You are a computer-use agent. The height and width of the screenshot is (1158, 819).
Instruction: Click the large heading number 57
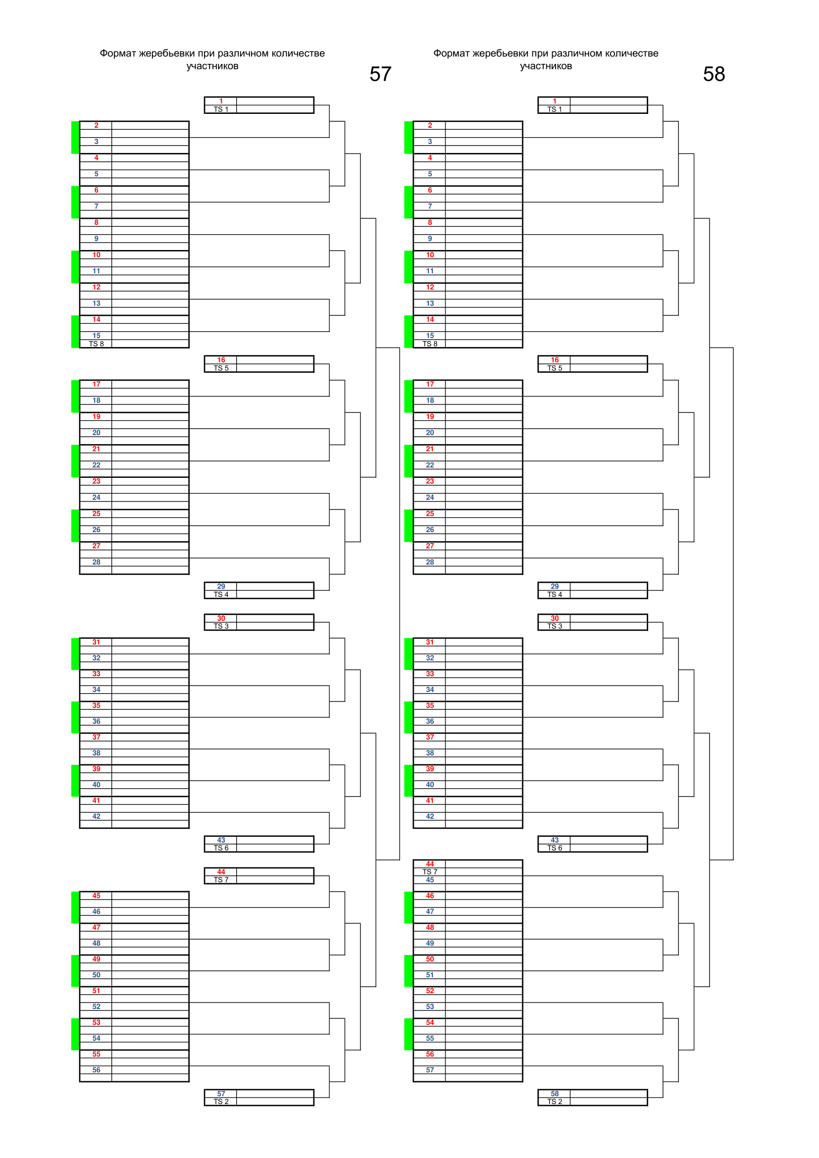380,74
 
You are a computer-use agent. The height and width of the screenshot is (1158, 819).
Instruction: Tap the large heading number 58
714,74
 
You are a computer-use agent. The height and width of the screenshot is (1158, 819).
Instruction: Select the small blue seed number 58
554,1094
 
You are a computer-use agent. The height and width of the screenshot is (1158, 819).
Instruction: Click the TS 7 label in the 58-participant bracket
430,871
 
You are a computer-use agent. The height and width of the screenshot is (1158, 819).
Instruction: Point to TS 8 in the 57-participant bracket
97,344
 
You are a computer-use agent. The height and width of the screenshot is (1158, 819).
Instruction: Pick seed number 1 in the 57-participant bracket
221,101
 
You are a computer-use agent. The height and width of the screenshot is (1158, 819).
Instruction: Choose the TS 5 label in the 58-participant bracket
554,368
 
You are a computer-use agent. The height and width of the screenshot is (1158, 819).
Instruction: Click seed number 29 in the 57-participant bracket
221,586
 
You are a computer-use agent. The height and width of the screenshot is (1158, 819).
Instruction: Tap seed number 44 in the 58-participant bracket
430,864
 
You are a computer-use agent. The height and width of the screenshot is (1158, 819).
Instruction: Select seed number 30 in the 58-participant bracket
554,618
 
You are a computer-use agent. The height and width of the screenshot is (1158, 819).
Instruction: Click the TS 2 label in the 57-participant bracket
221,1102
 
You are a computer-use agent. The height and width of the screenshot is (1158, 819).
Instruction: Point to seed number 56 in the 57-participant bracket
97,1070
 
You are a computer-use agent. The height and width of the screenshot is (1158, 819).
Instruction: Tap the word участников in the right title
546,66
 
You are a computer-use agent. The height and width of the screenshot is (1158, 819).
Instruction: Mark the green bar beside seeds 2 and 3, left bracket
75,137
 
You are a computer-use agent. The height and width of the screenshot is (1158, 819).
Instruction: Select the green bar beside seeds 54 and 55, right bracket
409,1034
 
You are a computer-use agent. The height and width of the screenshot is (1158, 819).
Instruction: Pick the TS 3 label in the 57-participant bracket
221,626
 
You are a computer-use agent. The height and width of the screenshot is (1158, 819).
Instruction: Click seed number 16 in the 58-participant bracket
554,360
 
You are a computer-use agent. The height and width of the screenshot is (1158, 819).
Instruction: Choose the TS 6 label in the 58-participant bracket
554,848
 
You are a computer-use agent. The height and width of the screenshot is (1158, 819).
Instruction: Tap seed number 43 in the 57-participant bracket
221,840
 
